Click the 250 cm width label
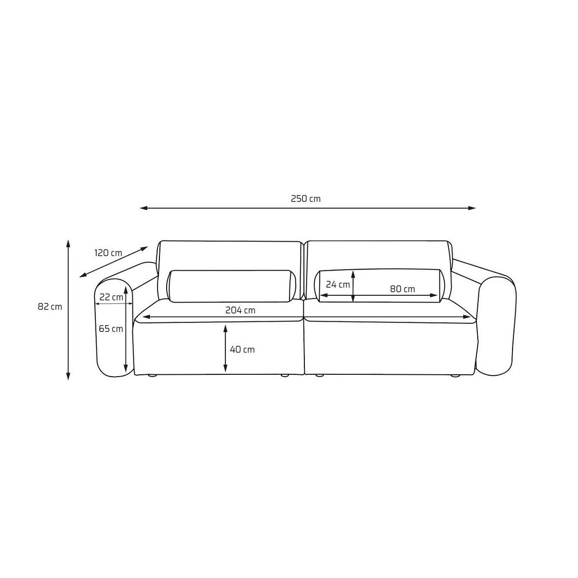pyautogui.click(x=305, y=198)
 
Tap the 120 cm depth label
pyautogui.click(x=108, y=253)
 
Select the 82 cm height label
pyautogui.click(x=50, y=307)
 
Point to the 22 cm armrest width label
pyautogui.click(x=111, y=297)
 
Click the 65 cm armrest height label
pyautogui.click(x=111, y=329)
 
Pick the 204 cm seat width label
pyautogui.click(x=240, y=310)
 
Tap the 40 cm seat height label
pyautogui.click(x=242, y=349)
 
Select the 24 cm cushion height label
pyautogui.click(x=338, y=284)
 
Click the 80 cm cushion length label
pyautogui.click(x=402, y=289)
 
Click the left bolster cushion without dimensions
pyautogui.click(x=231, y=286)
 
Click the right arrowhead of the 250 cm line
pyautogui.click(x=473, y=208)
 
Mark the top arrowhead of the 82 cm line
pyautogui.click(x=68, y=242)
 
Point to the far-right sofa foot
pyautogui.click(x=454, y=376)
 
